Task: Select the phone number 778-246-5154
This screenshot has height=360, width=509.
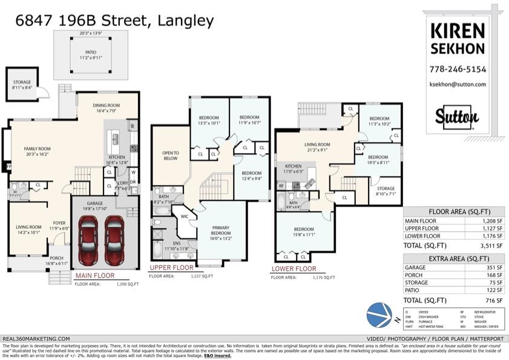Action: click(x=458, y=69)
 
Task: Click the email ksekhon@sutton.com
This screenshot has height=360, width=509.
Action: click(x=458, y=85)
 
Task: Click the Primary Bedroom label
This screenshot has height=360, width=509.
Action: click(x=221, y=231)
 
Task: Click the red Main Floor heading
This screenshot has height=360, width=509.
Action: click(x=94, y=275)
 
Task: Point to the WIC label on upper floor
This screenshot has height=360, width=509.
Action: click(x=184, y=215)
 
